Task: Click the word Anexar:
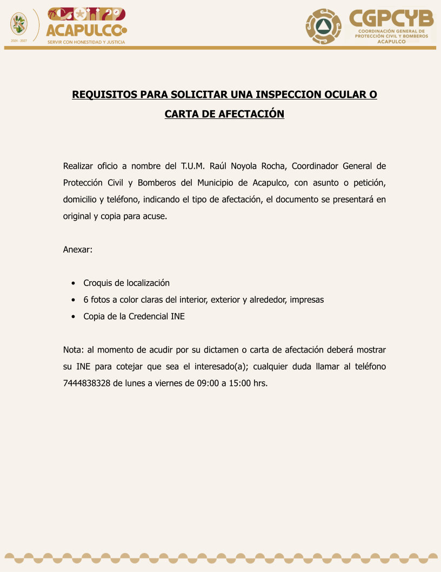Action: (x=78, y=250)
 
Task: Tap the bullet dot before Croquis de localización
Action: (x=73, y=283)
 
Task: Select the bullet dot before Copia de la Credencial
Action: (x=73, y=317)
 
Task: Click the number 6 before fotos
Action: (x=86, y=300)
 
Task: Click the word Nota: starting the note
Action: (x=73, y=350)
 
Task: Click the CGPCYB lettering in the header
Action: (x=391, y=19)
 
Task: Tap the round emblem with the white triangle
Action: (x=323, y=26)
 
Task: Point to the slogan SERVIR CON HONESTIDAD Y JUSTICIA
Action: (x=86, y=42)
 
